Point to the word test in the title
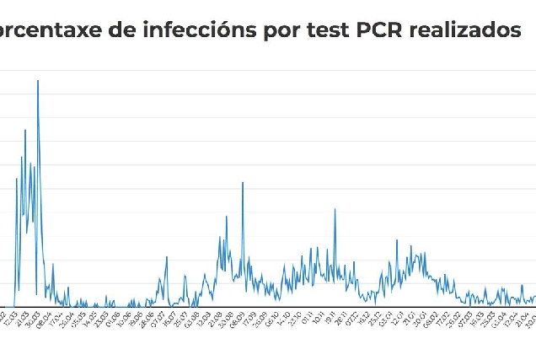tap(310, 30)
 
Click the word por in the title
tap(265, 30)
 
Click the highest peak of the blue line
tap(38, 80)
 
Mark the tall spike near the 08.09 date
tap(243, 182)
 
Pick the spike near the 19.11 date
tap(335, 209)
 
